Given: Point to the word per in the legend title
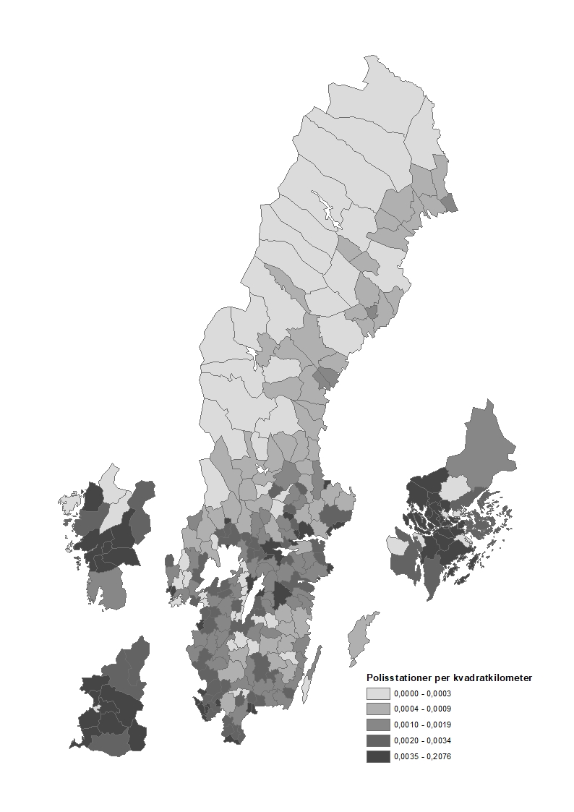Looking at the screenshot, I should click(439, 678).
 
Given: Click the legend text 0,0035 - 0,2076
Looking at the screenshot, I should click(423, 756).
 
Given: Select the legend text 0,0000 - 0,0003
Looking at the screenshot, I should click(423, 693).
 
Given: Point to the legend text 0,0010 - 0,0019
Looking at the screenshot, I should click(423, 725).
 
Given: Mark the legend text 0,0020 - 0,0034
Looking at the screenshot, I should click(423, 740).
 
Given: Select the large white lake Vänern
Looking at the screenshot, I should click(223, 563).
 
